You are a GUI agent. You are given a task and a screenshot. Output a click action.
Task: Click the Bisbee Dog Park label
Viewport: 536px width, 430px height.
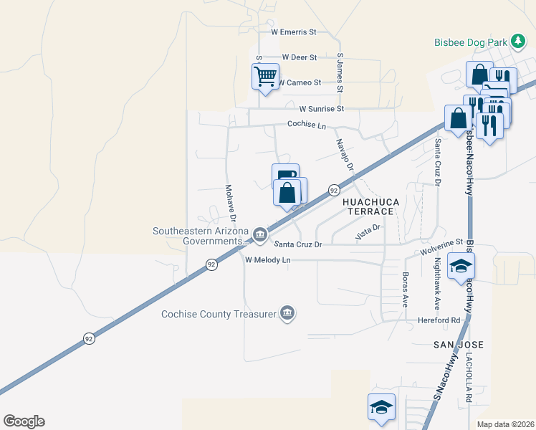(470, 42)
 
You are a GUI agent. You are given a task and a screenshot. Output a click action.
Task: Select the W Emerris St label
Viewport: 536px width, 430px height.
(294, 32)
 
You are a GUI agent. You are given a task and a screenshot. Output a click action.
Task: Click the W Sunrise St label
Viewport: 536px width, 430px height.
(322, 109)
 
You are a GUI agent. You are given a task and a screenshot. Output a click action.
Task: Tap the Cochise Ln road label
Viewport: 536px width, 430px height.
(307, 125)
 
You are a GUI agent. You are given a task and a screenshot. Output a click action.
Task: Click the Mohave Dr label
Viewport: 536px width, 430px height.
(231, 201)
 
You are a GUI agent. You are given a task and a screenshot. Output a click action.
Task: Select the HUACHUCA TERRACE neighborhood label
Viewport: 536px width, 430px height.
(368, 206)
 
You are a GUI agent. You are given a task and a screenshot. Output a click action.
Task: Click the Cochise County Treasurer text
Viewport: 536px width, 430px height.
(219, 313)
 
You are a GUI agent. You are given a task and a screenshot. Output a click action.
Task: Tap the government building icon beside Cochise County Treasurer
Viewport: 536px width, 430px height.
(287, 312)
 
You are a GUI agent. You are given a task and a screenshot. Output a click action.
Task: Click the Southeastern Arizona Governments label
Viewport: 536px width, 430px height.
(200, 236)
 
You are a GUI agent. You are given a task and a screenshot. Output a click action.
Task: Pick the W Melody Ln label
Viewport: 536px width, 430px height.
(268, 260)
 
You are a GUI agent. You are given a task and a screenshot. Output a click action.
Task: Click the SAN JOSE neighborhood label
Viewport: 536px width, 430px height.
(459, 345)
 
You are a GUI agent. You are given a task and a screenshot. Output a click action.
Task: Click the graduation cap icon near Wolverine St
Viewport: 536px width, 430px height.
(459, 267)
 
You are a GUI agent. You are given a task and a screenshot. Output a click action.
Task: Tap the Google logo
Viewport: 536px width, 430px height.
(24, 421)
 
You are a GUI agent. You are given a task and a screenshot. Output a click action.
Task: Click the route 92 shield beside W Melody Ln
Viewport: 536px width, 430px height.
(211, 264)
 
